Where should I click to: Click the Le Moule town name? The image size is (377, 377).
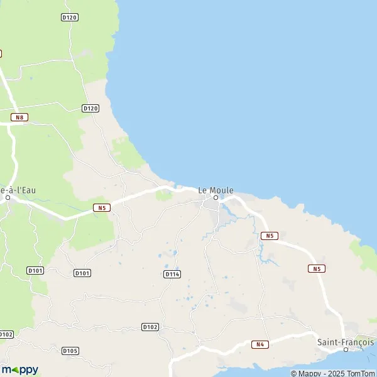pyautogui.click(x=216, y=189)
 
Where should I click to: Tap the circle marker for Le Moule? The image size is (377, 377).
pyautogui.click(x=216, y=197)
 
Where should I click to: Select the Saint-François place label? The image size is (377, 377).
pyautogui.click(x=345, y=342)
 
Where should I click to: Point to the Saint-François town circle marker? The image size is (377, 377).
pyautogui.click(x=346, y=349)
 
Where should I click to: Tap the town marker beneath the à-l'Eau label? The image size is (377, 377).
pyautogui.click(x=8, y=197)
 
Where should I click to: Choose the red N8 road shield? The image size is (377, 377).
pyautogui.click(x=20, y=117)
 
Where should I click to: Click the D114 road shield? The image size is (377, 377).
pyautogui.click(x=172, y=274)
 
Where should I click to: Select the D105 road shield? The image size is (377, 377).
pyautogui.click(x=70, y=351)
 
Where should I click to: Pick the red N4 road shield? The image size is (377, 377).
pyautogui.click(x=260, y=344)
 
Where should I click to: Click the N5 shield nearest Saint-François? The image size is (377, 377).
pyautogui.click(x=316, y=268)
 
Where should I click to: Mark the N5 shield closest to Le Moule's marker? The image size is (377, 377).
pyautogui.click(x=269, y=236)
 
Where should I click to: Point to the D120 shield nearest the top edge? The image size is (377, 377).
pyautogui.click(x=70, y=17)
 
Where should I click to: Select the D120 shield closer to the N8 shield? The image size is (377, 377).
pyautogui.click(x=90, y=108)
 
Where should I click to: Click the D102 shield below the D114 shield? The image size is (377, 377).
pyautogui.click(x=150, y=327)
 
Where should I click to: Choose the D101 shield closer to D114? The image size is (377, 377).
pyautogui.click(x=82, y=273)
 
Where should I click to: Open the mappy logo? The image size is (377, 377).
pyautogui.click(x=20, y=369)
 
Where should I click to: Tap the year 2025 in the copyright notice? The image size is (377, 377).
pyautogui.click(x=332, y=373)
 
